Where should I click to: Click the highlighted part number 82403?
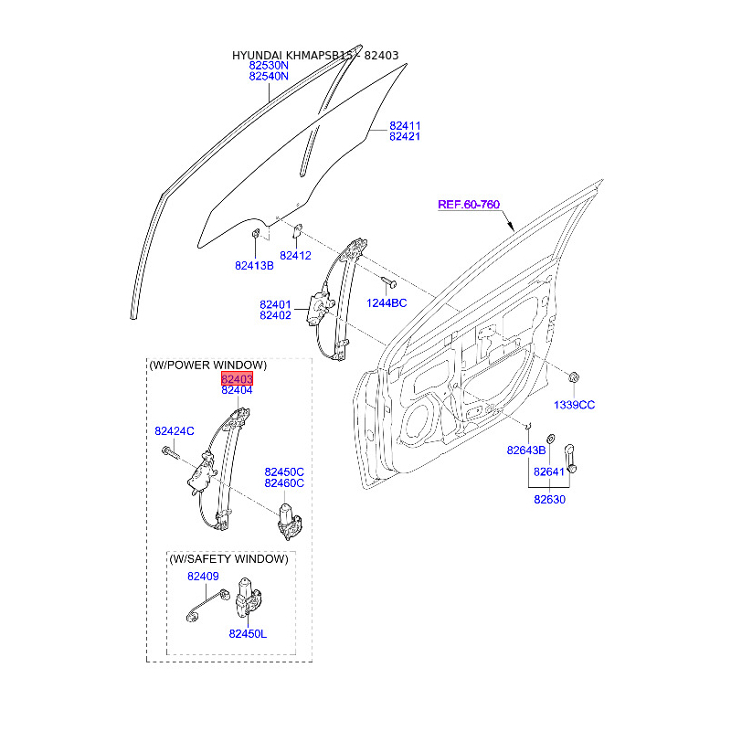click(237, 378)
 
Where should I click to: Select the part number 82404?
click(237, 390)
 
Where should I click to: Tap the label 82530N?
click(269, 65)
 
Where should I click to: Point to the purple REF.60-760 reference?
click(469, 204)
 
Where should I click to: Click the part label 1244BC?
click(387, 303)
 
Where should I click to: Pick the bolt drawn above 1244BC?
click(388, 281)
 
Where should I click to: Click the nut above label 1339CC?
click(574, 377)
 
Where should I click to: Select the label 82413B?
click(254, 266)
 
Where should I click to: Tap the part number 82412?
click(295, 256)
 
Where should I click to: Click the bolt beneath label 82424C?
click(170, 452)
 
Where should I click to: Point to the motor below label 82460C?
click(289, 521)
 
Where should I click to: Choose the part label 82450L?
click(248, 634)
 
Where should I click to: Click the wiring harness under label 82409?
click(207, 605)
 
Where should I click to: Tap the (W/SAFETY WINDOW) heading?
click(229, 558)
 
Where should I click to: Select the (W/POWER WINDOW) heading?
click(208, 365)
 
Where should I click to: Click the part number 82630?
click(549, 499)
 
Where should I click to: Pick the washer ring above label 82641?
click(550, 439)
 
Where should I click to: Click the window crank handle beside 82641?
click(570, 459)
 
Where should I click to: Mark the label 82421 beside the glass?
click(405, 136)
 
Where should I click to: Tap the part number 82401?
click(275, 305)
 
